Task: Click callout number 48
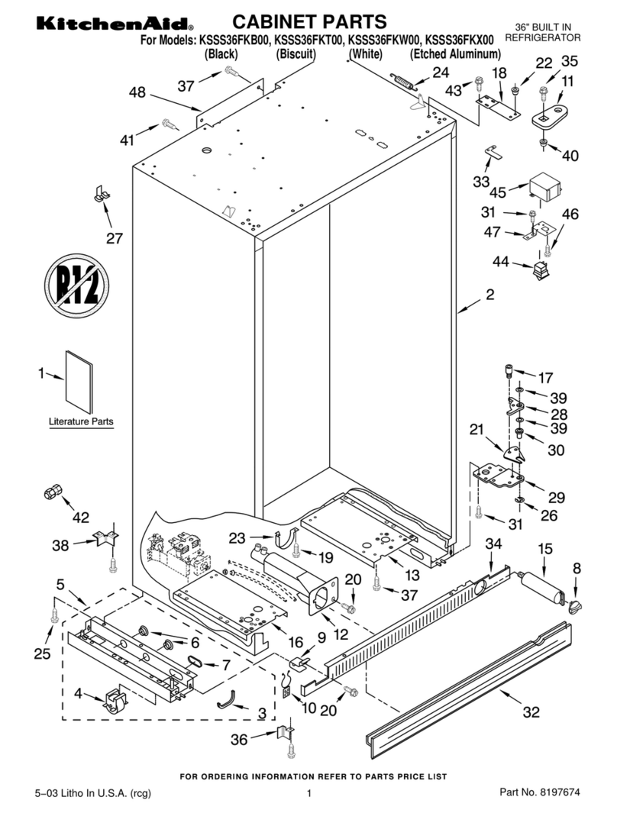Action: tap(137, 92)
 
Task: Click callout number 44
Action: tap(501, 261)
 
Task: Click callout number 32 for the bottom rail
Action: tap(531, 713)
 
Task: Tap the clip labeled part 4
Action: tap(114, 700)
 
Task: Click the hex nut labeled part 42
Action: tap(51, 492)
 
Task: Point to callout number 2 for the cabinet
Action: tap(489, 294)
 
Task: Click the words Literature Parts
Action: tap(81, 421)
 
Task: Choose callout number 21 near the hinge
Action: tap(477, 430)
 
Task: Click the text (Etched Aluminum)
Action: tap(455, 54)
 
